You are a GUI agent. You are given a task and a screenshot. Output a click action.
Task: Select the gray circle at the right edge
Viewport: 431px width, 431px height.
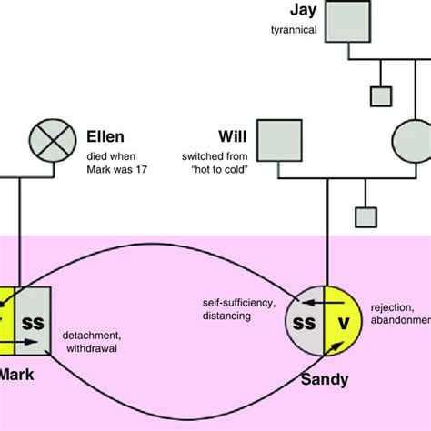tap(412, 141)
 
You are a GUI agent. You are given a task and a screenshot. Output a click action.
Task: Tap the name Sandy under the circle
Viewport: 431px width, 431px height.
tap(323, 379)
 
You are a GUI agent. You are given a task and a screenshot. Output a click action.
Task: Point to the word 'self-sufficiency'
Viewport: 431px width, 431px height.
tap(236, 300)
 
